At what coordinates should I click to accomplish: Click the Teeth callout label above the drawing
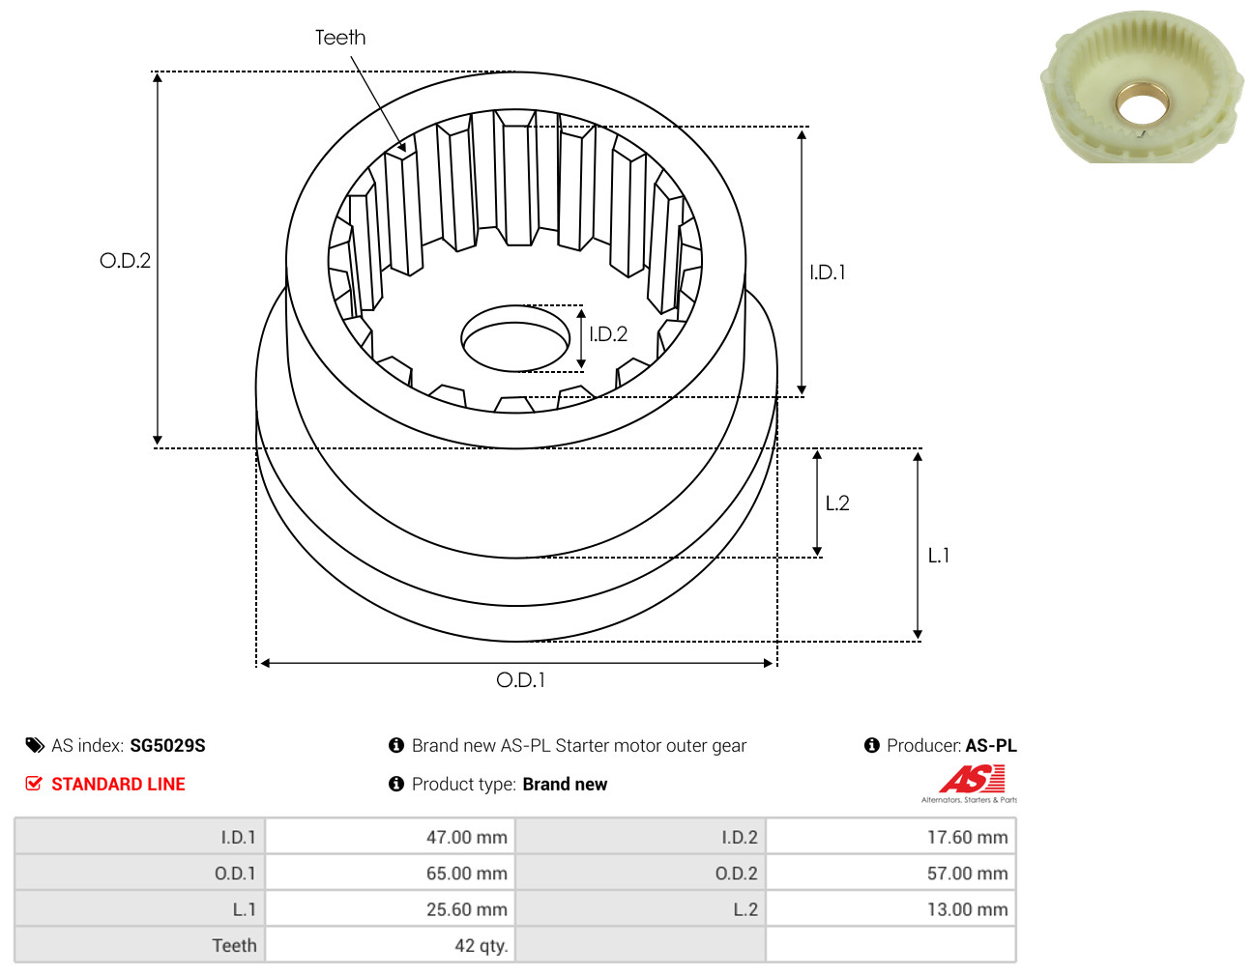tap(340, 38)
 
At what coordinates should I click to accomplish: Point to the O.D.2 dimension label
tap(125, 260)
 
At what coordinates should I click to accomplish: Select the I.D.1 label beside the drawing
tap(828, 273)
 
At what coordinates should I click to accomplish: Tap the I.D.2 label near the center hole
tap(608, 334)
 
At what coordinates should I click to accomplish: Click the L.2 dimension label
tap(837, 503)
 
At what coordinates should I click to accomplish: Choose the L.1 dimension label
tap(939, 556)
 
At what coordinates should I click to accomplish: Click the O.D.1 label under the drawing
tap(520, 680)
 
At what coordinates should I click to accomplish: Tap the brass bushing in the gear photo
tap(1143, 106)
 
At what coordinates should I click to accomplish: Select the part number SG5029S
tap(167, 746)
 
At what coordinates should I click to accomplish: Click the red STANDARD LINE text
tap(118, 784)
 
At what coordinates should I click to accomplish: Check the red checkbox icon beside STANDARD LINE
tap(34, 784)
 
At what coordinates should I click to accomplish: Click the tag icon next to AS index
tap(35, 745)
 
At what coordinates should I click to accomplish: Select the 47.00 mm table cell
tap(391, 837)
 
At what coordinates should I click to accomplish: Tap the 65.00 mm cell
tap(391, 874)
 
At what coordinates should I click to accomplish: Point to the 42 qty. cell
tap(391, 945)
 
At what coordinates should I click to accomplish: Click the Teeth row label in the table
tap(234, 945)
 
